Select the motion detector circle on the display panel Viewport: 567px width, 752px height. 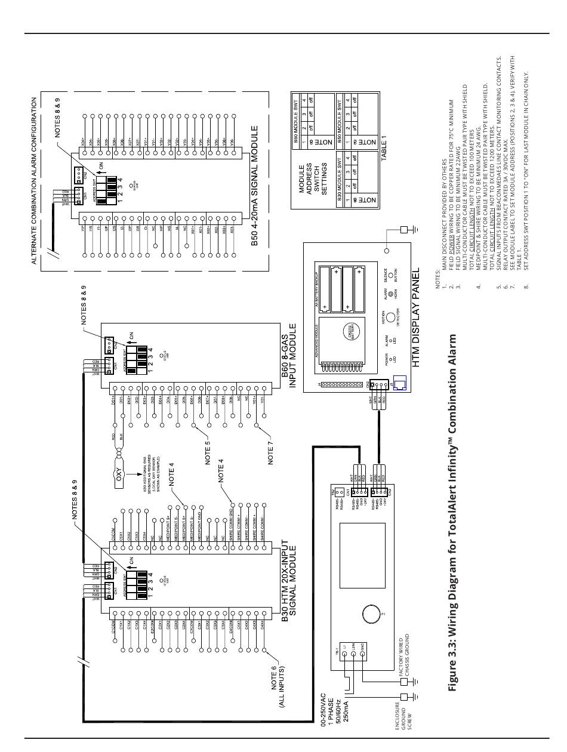tap(390, 316)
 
